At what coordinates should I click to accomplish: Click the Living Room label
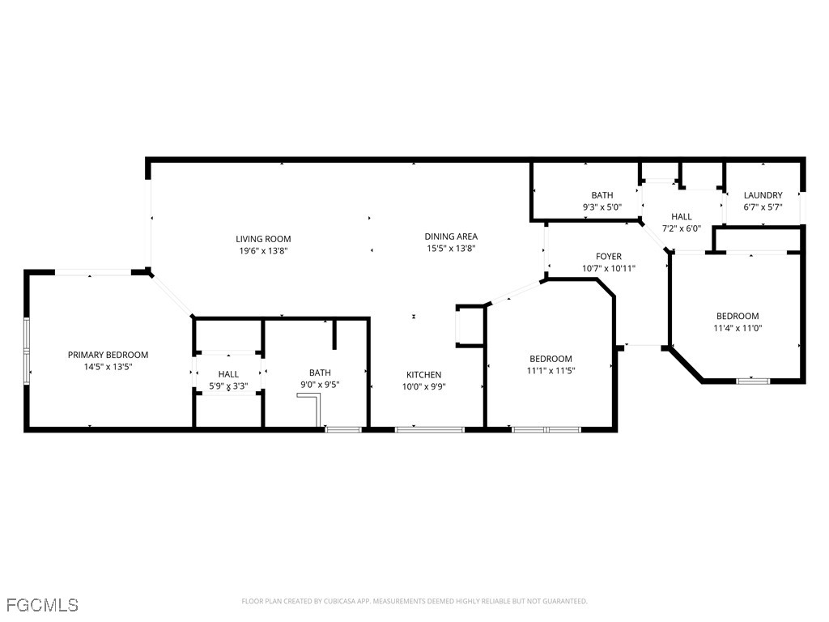click(263, 239)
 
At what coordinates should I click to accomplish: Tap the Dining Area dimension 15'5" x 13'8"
click(451, 249)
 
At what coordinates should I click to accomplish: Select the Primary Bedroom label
click(108, 355)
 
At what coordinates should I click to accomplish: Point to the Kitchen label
click(424, 375)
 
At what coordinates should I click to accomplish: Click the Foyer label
click(609, 257)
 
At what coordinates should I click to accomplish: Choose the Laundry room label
click(763, 195)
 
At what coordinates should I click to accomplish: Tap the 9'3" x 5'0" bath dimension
click(602, 207)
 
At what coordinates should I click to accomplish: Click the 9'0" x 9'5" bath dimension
click(320, 385)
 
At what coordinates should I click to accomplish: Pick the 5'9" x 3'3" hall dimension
click(228, 386)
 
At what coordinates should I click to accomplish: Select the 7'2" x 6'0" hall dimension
click(682, 228)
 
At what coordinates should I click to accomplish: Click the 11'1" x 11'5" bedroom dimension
click(551, 371)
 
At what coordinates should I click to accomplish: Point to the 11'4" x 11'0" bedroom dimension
click(738, 328)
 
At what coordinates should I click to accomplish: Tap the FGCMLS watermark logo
click(42, 605)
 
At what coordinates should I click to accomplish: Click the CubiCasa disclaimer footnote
click(414, 602)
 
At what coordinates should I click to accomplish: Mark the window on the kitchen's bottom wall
click(430, 429)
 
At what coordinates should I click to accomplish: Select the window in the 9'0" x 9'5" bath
click(343, 429)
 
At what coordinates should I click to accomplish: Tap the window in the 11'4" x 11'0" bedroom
click(754, 381)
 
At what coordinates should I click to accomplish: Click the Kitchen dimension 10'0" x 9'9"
click(424, 386)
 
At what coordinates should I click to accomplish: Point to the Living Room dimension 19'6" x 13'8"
click(263, 251)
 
